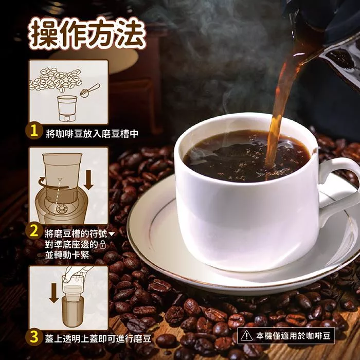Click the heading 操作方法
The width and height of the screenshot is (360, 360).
coord(87,34)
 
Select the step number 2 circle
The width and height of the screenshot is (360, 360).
coord(34,231)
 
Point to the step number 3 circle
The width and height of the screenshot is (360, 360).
coord(34,337)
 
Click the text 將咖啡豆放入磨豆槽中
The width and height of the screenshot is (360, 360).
coord(92,133)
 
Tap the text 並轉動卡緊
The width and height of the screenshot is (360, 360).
coord(67,255)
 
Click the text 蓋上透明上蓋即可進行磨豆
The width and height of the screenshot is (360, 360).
coord(98,338)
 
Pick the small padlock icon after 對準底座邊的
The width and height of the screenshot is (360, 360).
coord(103,244)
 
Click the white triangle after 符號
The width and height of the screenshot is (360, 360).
coord(112,234)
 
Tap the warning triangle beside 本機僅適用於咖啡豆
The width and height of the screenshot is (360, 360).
coord(246,336)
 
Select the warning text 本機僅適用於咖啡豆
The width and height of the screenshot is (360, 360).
coord(293,336)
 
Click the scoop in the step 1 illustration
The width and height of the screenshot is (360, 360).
coord(90,90)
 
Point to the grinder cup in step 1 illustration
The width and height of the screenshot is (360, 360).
coord(67,108)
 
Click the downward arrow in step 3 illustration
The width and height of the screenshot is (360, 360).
coord(54,293)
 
